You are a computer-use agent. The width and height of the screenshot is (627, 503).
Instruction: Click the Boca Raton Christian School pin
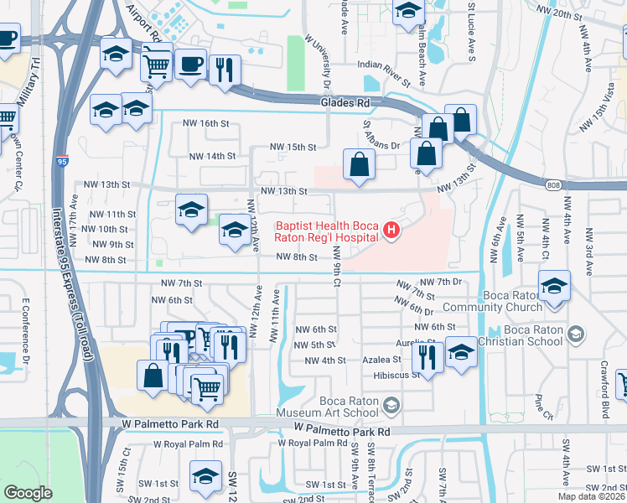[575, 334]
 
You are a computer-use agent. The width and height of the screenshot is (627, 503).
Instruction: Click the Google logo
[28, 493]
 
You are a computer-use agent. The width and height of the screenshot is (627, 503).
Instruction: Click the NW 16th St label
[205, 123]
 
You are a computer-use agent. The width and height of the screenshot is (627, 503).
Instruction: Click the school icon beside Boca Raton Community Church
[553, 285]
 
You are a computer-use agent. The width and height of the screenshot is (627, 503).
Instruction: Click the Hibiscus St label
[396, 375]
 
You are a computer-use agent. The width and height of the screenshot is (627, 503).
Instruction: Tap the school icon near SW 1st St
[205, 476]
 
